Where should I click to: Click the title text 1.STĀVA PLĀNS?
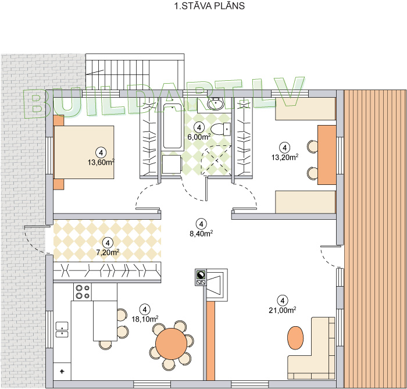pos(209,6)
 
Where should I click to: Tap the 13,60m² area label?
pos(101,162)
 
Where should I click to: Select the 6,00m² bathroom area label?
pos(199,137)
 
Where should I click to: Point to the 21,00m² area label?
pos(283,310)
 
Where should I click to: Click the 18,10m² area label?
pos(145,319)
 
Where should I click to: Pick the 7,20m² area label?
pos(108,252)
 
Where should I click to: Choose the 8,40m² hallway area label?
pos(201,233)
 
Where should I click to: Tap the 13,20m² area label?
pos(285,157)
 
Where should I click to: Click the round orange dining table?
pos(172,344)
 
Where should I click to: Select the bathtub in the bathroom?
pos(172,126)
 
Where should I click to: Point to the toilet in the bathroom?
pos(220,129)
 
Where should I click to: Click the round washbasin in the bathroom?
pos(216,104)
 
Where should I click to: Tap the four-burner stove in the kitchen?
pos(83,292)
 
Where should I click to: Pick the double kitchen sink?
pos(62,330)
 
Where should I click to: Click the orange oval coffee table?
pos(295,338)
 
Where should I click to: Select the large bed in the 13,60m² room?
pos(84,152)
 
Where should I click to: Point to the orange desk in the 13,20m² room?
pos(327,155)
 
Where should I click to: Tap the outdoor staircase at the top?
pos(135,72)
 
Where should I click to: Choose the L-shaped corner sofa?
pos(312,348)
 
